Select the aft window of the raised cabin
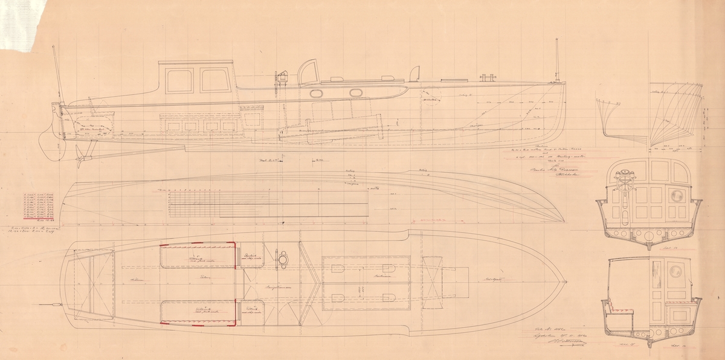click(179, 80)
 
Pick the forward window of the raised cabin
click(212, 80)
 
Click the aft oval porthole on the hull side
click(317, 94)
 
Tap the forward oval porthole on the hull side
click(356, 93)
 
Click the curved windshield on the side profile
click(309, 71)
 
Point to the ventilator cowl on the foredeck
click(414, 74)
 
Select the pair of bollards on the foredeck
click(487, 77)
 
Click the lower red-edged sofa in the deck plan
click(198, 312)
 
